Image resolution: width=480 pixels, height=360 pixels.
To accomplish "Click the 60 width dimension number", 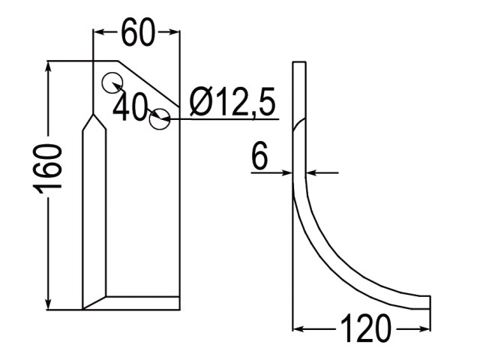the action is pyautogui.click(x=138, y=32).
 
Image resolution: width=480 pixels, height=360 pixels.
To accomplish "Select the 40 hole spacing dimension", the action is pyautogui.click(x=130, y=106).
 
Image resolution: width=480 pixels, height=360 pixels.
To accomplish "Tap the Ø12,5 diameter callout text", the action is pyautogui.click(x=232, y=102).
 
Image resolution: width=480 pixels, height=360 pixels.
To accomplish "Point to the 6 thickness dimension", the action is pyautogui.click(x=259, y=156).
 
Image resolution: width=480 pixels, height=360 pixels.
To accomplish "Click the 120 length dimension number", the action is pyautogui.click(x=365, y=328).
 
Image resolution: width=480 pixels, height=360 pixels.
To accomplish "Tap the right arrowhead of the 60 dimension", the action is pyautogui.click(x=173, y=31).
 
